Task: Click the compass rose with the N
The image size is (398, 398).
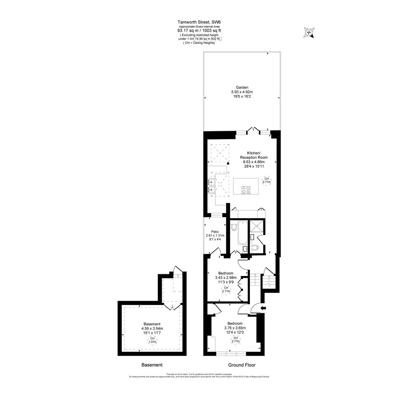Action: point(309,32)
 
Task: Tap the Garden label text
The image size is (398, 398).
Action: point(242,87)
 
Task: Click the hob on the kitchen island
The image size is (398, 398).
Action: point(246,190)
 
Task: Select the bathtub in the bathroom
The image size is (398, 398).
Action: point(243,232)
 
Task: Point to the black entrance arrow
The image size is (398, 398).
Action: point(263,308)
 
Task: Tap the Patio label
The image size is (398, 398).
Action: point(215,231)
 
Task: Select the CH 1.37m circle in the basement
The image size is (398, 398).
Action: point(152,340)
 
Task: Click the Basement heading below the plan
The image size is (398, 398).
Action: point(152,365)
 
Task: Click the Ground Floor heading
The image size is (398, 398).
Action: point(242,365)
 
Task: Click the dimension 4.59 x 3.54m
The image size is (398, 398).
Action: point(152,328)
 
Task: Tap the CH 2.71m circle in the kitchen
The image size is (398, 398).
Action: point(266,180)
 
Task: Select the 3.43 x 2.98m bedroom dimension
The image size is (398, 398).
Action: point(226,277)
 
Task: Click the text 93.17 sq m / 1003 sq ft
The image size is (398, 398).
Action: point(199,31)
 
